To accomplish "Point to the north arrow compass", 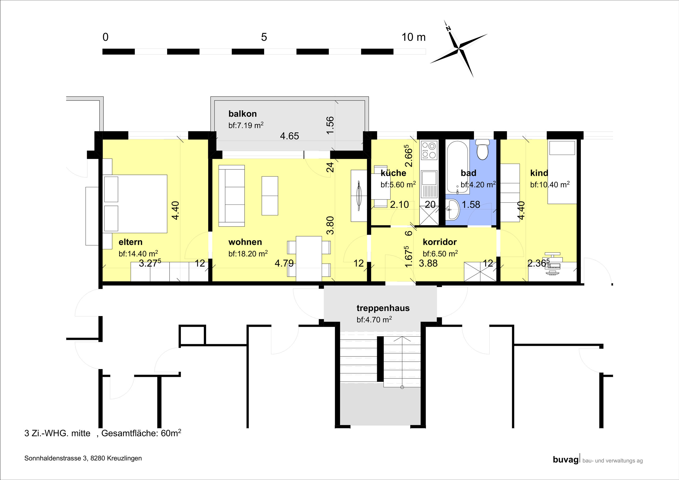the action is click(x=458, y=49).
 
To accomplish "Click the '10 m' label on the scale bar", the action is click(x=414, y=37).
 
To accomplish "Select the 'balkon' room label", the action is click(x=242, y=114).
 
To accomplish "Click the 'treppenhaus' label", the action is click(x=383, y=308).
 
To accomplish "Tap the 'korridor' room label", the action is click(x=439, y=242).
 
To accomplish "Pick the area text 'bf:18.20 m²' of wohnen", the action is click(x=248, y=254).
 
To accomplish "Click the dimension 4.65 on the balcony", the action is click(x=290, y=136).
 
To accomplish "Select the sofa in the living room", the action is click(x=232, y=196).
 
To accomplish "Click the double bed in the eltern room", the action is click(x=135, y=204).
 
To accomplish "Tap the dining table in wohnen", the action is click(x=309, y=259).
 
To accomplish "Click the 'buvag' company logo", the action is click(x=566, y=460).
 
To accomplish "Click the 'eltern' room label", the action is click(x=130, y=242).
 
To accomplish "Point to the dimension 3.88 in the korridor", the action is click(x=428, y=263).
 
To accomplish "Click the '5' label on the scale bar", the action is click(x=264, y=37).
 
